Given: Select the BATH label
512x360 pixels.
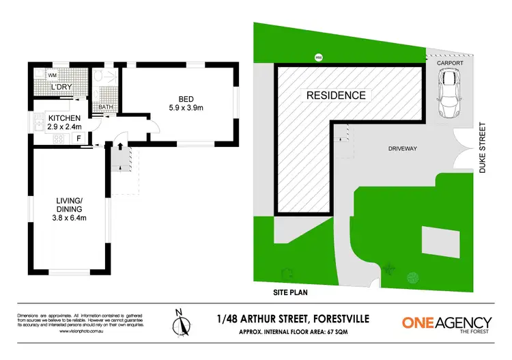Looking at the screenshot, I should click(106, 107).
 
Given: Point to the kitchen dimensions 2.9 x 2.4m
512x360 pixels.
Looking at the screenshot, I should click(65, 127).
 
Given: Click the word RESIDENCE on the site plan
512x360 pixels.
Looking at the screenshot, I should click(336, 96).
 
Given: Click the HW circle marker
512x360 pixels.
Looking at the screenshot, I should click(318, 57).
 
